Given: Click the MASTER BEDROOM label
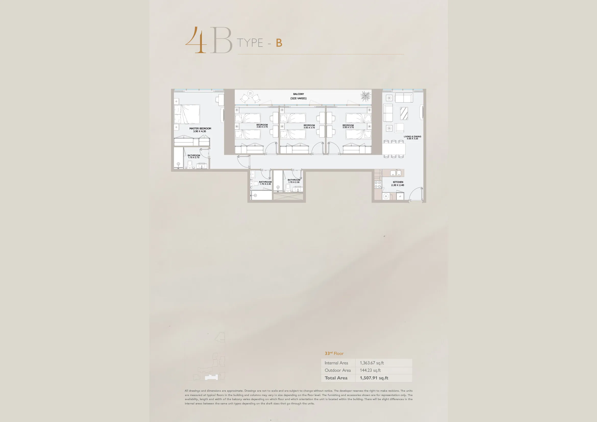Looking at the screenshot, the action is coord(200,128).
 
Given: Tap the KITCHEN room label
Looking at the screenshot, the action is coord(398,182).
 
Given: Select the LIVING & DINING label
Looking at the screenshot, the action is coord(412,136).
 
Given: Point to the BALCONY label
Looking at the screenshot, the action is coord(299,94).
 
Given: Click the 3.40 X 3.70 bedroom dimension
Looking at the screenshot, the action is coord(262,127).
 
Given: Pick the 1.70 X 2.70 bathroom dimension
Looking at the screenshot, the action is coord(194,157).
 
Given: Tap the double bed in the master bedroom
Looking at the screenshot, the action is coord(187,114).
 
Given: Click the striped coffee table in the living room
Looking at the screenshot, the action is coord(404,113).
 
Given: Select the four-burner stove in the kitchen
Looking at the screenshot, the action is coord(378,185).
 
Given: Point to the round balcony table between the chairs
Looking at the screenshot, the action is coord(250,93).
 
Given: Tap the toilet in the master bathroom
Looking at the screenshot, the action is coord(190,164).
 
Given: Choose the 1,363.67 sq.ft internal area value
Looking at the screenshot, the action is coord(372,363).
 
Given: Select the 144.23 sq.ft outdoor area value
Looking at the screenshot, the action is coord(370,370).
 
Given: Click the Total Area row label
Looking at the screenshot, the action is coord(336,378).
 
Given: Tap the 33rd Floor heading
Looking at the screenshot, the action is coord(334,353).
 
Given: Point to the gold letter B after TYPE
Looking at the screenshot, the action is coord(279,43).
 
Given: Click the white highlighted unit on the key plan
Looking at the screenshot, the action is coord(211,378).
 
